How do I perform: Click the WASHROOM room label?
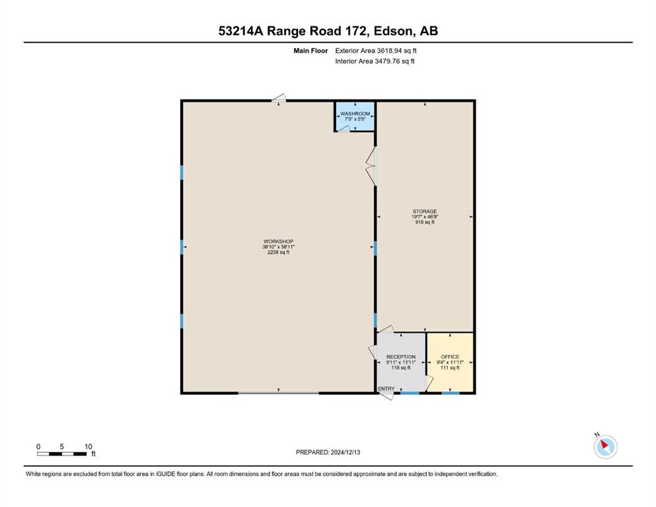[x=355, y=114]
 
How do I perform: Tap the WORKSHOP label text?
[x=278, y=242]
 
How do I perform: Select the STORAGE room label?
[x=425, y=211]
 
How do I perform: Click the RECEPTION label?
[x=401, y=357]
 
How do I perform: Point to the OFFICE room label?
[x=450, y=357]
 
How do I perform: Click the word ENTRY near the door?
[x=386, y=389]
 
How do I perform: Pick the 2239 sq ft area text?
[x=278, y=252]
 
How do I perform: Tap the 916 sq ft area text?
[x=425, y=222]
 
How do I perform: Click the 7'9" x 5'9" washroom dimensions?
[x=355, y=119]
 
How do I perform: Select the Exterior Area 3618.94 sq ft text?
[x=376, y=51]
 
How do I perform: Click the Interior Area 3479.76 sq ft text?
[x=375, y=61]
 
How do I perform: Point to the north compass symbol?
[x=605, y=446]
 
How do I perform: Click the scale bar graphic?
[x=62, y=454]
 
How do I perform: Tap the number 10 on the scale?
[x=88, y=446]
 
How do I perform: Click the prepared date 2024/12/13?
[x=345, y=452]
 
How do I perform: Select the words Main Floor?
[x=310, y=51]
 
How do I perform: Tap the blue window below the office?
[x=451, y=393]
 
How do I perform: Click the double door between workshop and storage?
[x=371, y=166]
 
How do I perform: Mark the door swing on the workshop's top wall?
[x=279, y=98]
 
